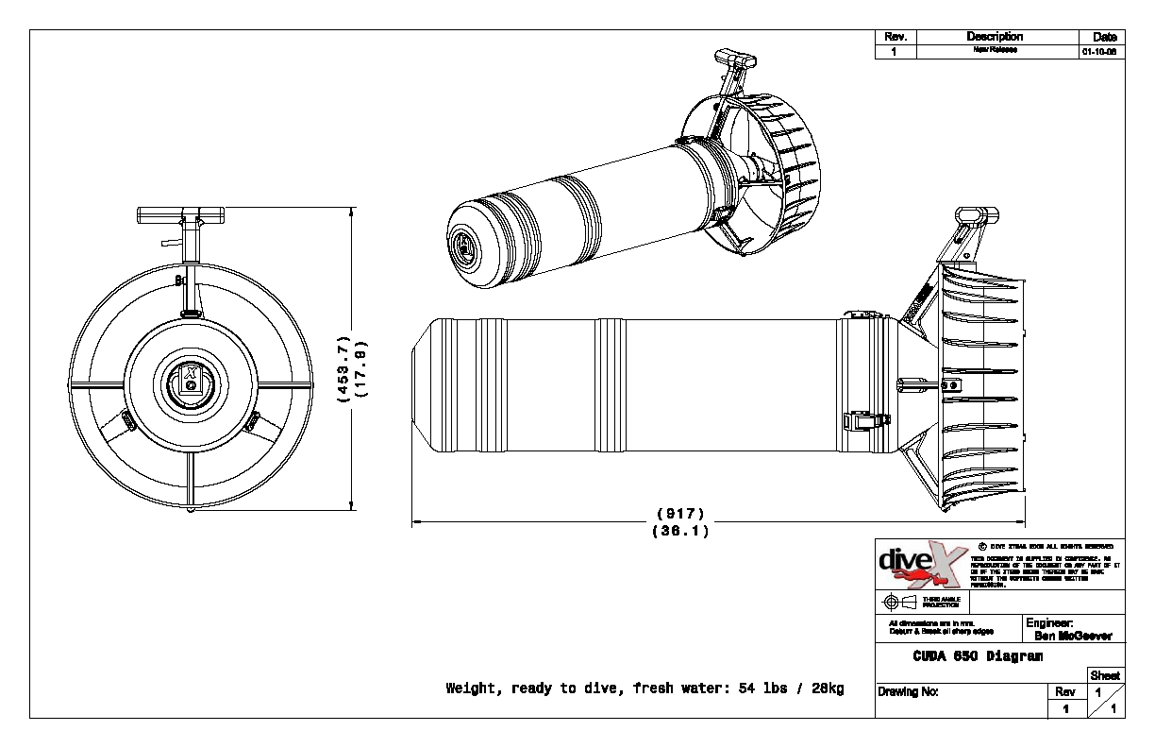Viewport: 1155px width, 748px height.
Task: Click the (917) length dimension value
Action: click(x=679, y=514)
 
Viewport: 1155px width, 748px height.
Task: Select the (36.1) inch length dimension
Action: click(x=679, y=531)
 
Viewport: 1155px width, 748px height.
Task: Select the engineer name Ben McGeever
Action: click(x=1073, y=636)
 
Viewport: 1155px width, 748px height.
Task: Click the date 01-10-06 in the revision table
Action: click(x=1099, y=51)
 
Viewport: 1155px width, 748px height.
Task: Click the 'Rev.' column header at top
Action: click(x=896, y=37)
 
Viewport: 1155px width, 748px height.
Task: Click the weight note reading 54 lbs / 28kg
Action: click(x=644, y=688)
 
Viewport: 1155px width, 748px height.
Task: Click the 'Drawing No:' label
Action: click(x=908, y=691)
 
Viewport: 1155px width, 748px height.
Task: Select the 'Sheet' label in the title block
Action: click(x=1105, y=675)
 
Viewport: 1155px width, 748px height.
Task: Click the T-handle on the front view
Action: click(x=181, y=215)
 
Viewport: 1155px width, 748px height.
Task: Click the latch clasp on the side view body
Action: click(x=866, y=420)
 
